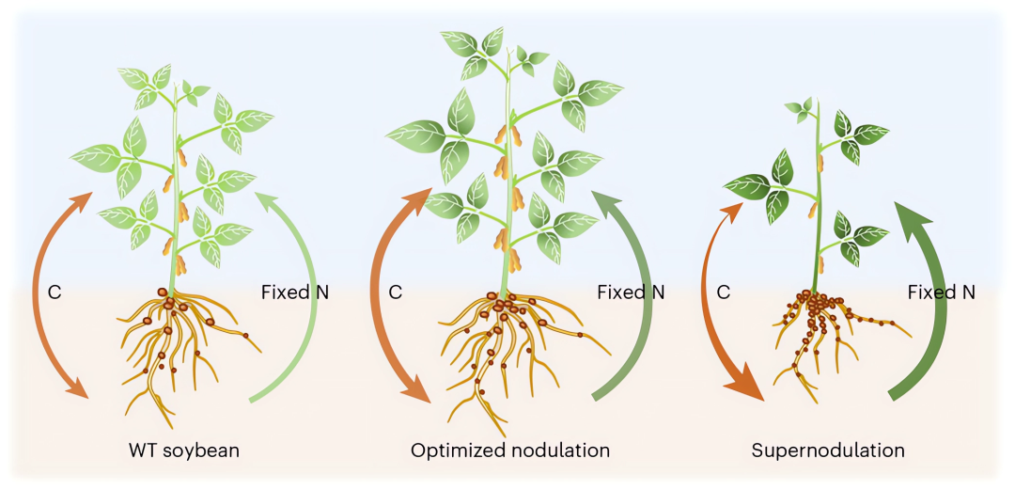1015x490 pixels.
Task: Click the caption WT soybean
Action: pos(184,450)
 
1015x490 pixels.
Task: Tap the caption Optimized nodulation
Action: pos(510,450)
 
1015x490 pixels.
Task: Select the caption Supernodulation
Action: pos(828,450)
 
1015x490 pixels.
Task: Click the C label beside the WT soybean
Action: pos(55,292)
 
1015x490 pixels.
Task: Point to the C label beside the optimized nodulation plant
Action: pos(396,292)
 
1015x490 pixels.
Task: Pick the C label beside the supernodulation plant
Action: pos(724,292)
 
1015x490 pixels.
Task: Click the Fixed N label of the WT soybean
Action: pos(295,292)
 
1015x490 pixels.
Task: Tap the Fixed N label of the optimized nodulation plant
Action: pos(631,292)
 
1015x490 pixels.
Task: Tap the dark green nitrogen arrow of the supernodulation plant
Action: pos(949,339)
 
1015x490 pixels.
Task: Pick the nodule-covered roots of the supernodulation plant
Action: pos(827,329)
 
